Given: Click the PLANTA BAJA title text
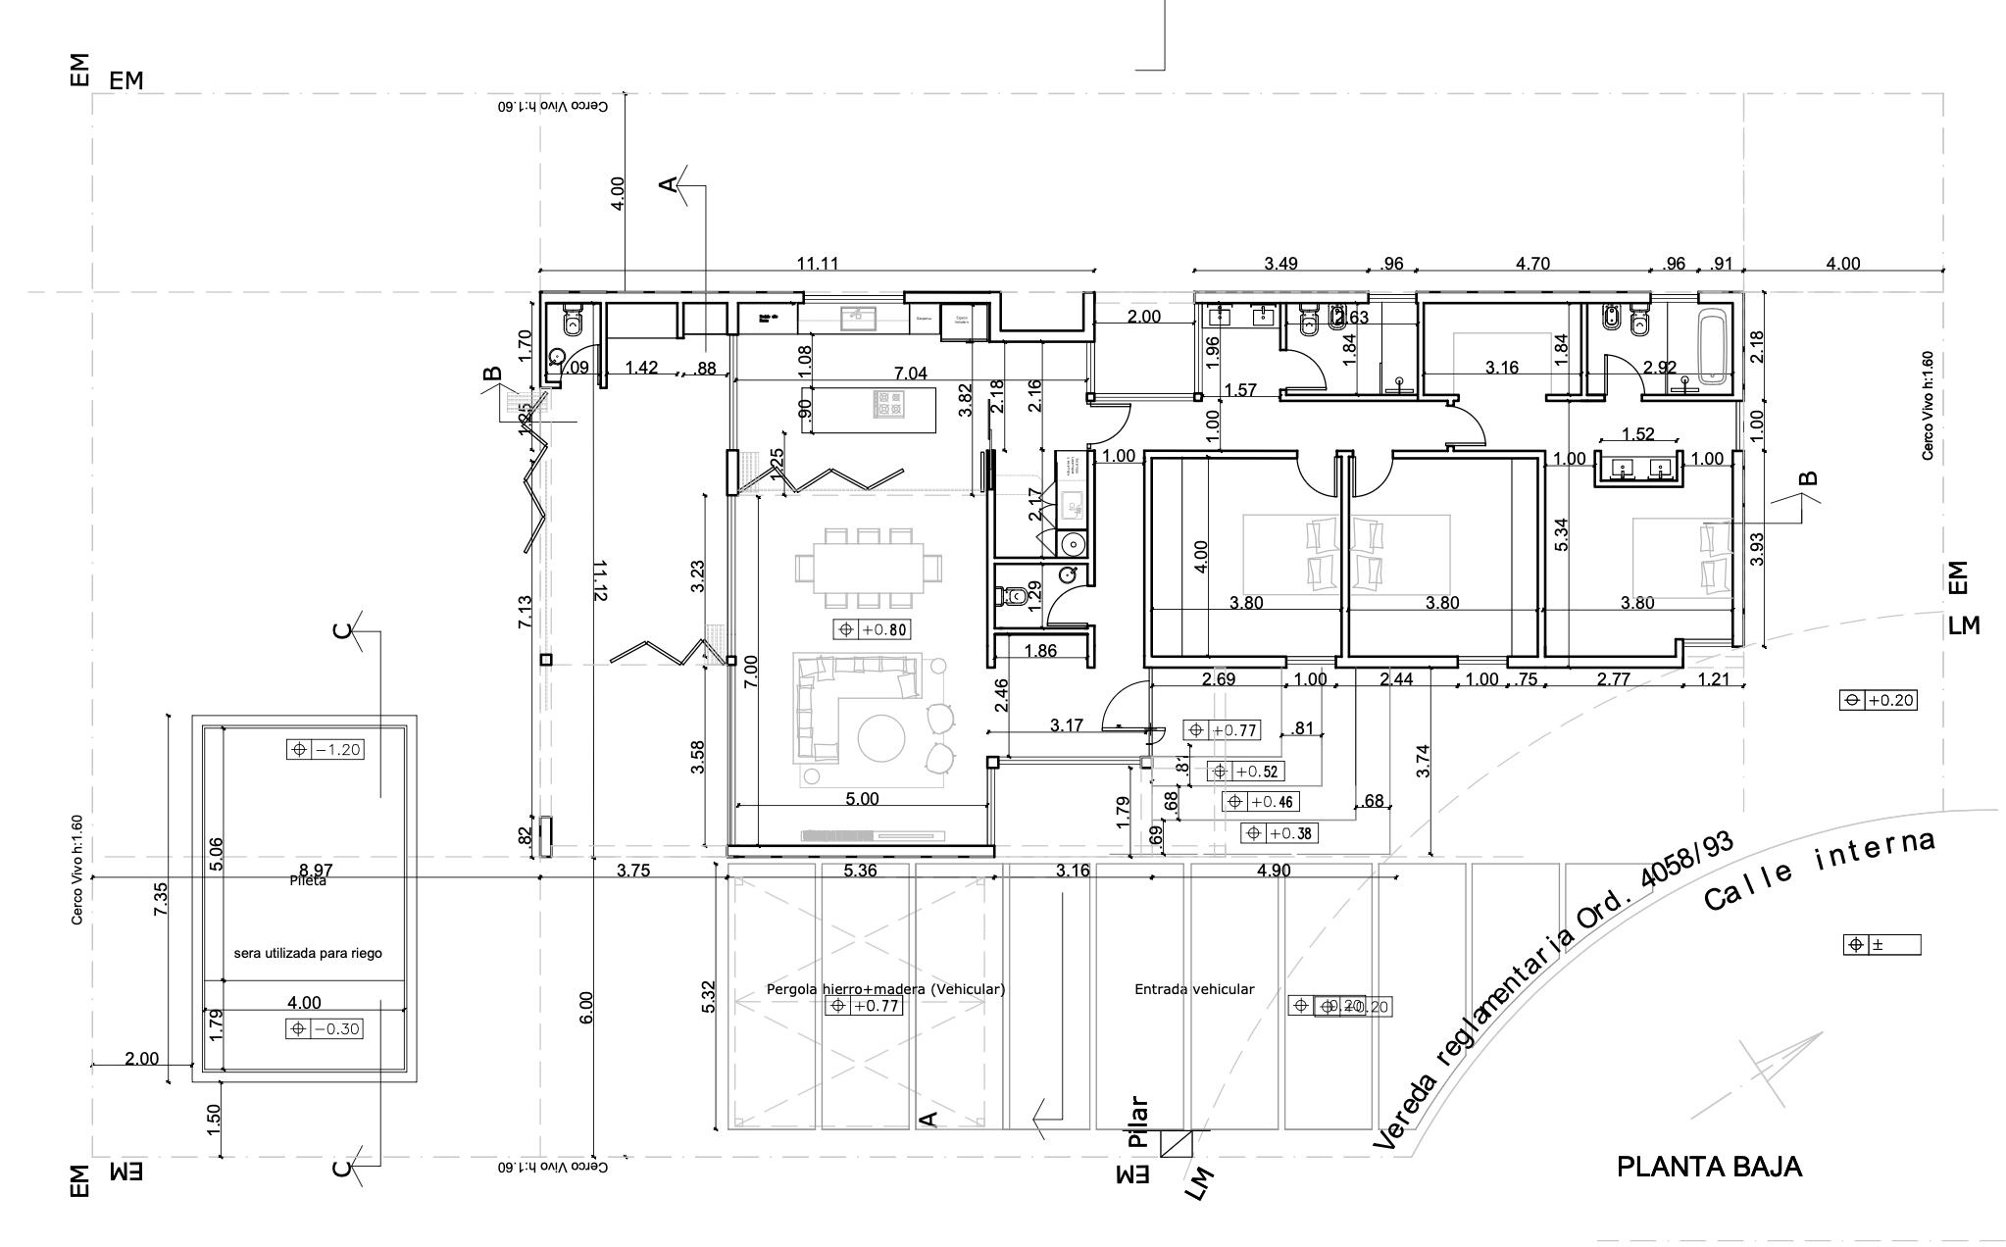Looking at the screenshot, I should pyautogui.click(x=1708, y=1167).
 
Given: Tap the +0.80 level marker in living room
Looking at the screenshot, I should pyautogui.click(x=870, y=630).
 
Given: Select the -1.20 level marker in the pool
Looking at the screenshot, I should pyautogui.click(x=326, y=750).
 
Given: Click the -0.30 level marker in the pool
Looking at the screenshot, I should pyautogui.click(x=326, y=1029).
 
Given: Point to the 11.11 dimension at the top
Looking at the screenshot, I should pyautogui.click(x=817, y=264).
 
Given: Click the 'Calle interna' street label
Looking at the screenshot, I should pyautogui.click(x=1819, y=870).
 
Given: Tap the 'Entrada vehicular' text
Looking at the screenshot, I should pyautogui.click(x=1194, y=989).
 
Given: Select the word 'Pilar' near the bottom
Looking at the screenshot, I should pyautogui.click(x=1137, y=1122).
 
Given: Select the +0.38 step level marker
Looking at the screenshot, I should pyautogui.click(x=1279, y=833).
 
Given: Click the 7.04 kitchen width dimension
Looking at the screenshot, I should pyautogui.click(x=911, y=373).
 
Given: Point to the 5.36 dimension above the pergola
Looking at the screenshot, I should pyautogui.click(x=860, y=871).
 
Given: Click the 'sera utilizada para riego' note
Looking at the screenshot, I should pyautogui.click(x=307, y=953).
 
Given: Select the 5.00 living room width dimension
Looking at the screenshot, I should pyautogui.click(x=862, y=799).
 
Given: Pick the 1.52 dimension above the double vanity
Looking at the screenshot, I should pyautogui.click(x=1637, y=434).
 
